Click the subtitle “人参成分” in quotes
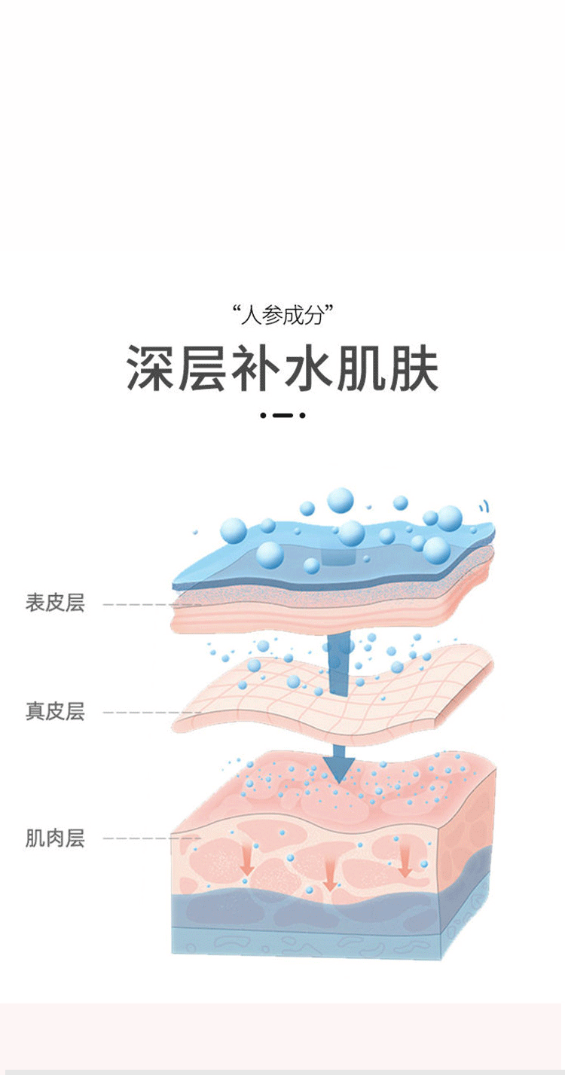[x=282, y=313]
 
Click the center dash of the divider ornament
[x=282, y=415]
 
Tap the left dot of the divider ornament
[x=263, y=415]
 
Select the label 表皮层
[x=55, y=603]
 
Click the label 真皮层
[x=55, y=711]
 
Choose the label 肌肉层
[x=55, y=838]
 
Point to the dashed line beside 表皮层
[x=147, y=605]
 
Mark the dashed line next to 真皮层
[x=147, y=713]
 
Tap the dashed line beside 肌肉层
[x=147, y=838]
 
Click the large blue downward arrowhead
[x=339, y=764]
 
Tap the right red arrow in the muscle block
[x=405, y=863]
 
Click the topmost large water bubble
[x=341, y=499]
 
